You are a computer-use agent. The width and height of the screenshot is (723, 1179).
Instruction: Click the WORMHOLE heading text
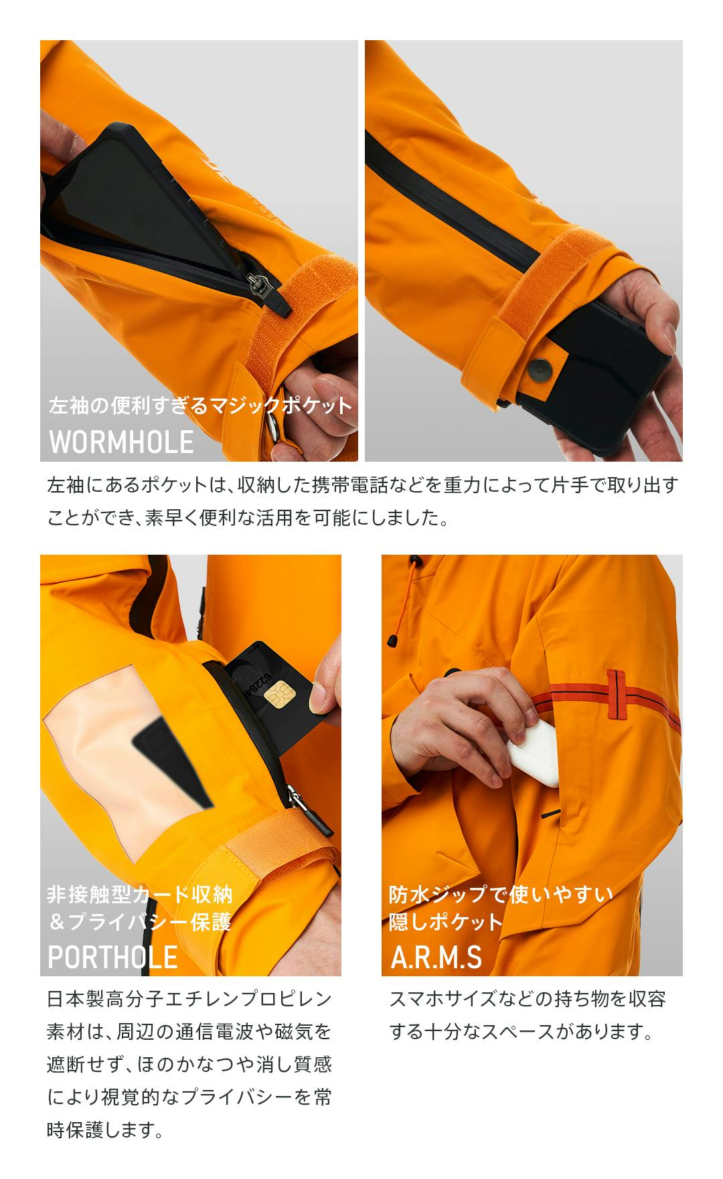(x=121, y=442)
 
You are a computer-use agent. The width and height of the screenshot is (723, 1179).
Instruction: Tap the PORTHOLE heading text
(x=112, y=957)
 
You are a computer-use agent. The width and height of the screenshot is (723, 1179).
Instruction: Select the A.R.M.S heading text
(x=436, y=957)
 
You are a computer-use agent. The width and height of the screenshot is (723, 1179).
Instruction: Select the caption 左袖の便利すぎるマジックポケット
(x=200, y=405)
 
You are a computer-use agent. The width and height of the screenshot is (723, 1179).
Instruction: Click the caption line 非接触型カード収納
(x=140, y=895)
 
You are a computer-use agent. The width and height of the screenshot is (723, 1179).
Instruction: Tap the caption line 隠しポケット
(x=445, y=922)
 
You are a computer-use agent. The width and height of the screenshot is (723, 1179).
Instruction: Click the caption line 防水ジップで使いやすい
(x=501, y=895)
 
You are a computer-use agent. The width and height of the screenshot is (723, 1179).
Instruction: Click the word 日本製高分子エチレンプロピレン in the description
(x=189, y=1000)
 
